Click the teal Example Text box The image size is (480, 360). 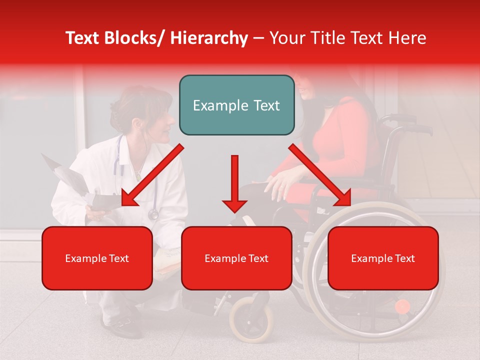coord(236,105)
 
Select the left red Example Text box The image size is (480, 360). coord(97,258)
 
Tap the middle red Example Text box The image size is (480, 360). coord(236,258)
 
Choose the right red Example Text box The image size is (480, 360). coord(383,258)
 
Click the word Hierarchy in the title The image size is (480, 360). coord(209,38)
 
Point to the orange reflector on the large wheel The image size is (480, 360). coord(402,306)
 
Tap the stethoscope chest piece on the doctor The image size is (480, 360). coord(153,214)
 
